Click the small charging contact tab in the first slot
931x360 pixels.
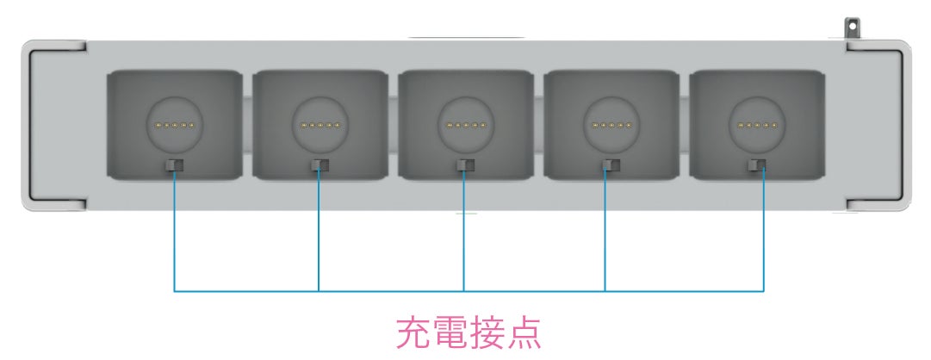174,164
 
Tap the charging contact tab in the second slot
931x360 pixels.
320,164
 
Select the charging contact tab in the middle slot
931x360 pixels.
465,164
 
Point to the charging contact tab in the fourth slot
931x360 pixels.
611,164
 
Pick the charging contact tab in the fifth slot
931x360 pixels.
758,164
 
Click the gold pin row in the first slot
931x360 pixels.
174,126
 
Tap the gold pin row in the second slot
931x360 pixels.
320,126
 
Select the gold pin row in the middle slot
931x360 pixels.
465,126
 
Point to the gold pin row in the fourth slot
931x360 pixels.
611,126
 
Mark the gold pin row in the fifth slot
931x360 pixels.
757,126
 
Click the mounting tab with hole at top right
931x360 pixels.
853,28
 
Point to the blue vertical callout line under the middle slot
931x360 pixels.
464,233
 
